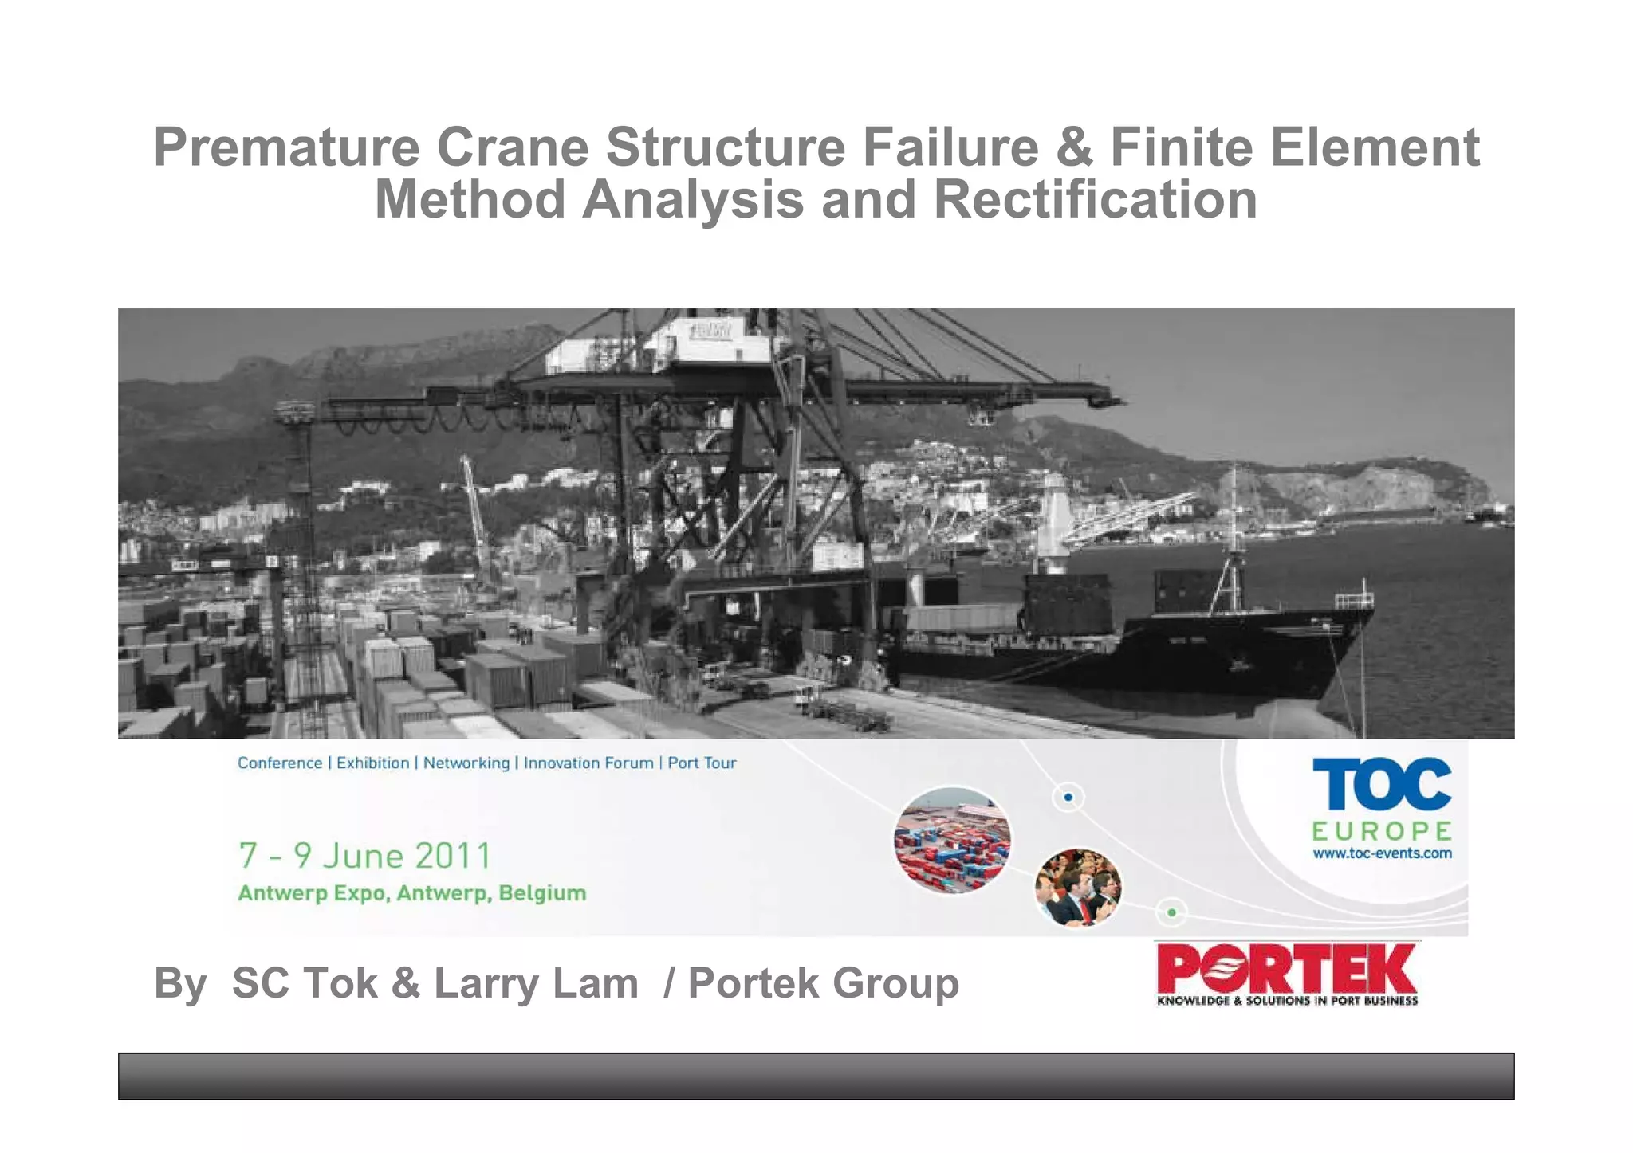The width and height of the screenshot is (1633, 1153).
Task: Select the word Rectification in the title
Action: coord(1095,199)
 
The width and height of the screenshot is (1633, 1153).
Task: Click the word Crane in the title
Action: coord(512,147)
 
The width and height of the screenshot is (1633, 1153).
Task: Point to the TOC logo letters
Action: coord(1381,784)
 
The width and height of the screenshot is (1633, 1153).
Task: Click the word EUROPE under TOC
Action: coord(1381,831)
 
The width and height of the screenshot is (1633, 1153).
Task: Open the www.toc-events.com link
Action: coord(1382,853)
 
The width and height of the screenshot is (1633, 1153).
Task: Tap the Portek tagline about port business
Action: coord(1287,1001)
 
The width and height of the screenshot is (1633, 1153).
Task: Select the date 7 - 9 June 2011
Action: coord(364,856)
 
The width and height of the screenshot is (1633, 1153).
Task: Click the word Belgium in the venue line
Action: coord(542,893)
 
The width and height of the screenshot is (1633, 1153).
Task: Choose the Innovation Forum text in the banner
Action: coord(588,763)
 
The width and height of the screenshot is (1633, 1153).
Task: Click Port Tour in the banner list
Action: coord(702,763)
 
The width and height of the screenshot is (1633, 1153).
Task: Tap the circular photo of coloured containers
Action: coord(952,840)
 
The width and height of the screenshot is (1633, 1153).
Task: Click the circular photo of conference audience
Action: coord(1078,887)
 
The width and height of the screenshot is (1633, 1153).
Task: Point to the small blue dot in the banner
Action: coord(1068,797)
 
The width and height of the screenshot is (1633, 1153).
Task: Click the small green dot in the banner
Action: coord(1171,912)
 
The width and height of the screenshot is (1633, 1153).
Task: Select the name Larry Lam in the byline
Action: coord(536,983)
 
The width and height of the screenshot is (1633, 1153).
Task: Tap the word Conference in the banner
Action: coord(280,763)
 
